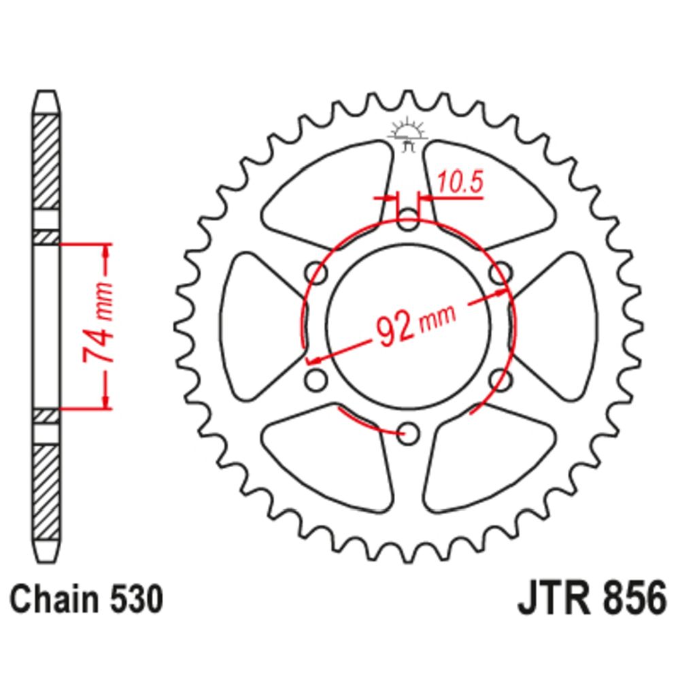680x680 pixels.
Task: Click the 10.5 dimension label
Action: point(460,182)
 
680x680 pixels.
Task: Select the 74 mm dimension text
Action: point(99,322)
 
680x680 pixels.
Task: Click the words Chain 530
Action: point(87,600)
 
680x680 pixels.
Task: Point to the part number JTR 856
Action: point(592,599)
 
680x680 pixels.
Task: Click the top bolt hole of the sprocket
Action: point(408,220)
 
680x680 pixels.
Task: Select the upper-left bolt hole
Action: point(317,273)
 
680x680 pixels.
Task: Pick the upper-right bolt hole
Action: point(500,273)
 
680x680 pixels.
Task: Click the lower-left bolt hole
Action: point(317,380)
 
